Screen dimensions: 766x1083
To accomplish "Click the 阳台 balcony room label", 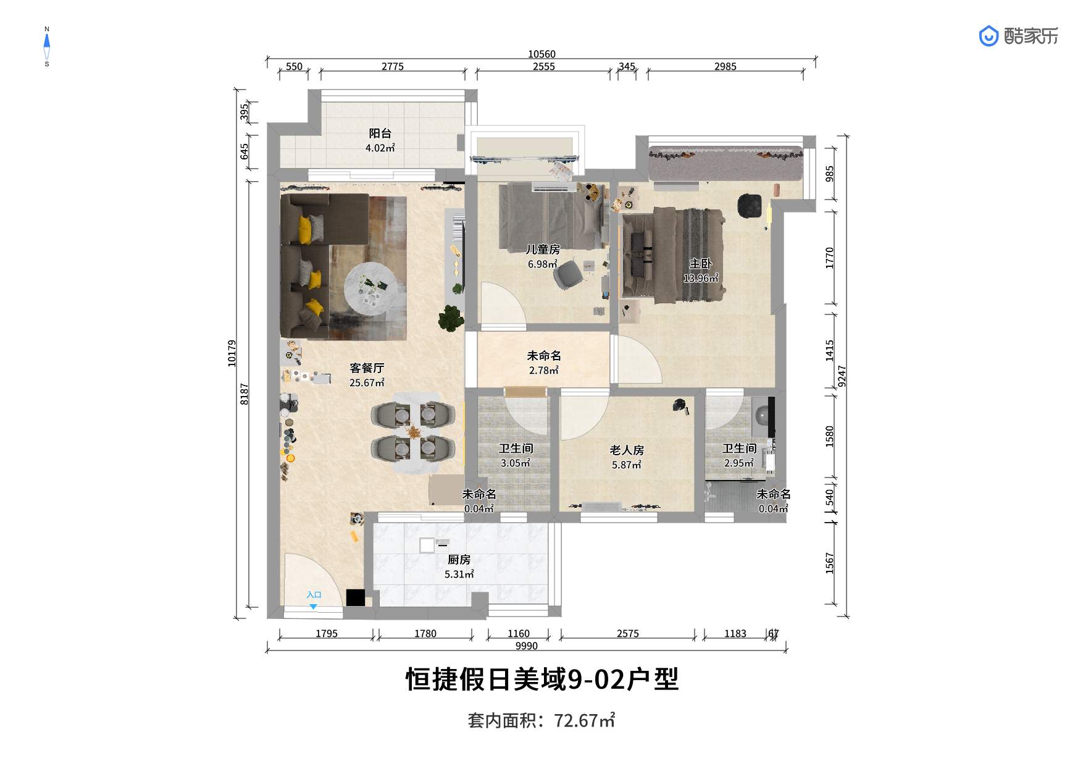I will click(x=380, y=133).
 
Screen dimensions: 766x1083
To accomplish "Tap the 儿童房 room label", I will click(x=543, y=250).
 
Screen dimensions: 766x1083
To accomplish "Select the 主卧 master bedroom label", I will click(x=701, y=264).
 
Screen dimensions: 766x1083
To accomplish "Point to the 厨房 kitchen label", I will click(x=459, y=560).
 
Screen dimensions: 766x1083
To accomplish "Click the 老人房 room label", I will click(x=627, y=450).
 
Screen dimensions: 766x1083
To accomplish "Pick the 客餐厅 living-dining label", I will click(x=367, y=368).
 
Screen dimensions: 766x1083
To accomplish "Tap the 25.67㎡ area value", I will click(x=367, y=383).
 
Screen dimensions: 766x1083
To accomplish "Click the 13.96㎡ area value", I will click(x=701, y=279).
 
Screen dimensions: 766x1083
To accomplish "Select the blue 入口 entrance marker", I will click(x=314, y=599).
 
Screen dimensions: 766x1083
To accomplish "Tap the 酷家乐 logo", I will click(x=1018, y=36).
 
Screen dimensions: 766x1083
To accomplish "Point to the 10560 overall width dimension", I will click(x=541, y=54).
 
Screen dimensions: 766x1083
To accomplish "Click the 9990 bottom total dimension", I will click(x=526, y=646).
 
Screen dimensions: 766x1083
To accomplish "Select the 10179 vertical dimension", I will click(x=232, y=353).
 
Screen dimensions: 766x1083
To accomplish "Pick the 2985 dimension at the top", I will click(x=725, y=67).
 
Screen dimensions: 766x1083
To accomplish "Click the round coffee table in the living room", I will click(x=371, y=288).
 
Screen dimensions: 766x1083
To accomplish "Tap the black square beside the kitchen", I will click(x=355, y=597).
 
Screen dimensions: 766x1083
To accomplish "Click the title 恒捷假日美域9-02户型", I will click(x=541, y=680).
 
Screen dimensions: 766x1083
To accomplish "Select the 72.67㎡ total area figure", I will click(x=584, y=721).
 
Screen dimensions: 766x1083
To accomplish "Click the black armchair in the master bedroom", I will click(x=750, y=206).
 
